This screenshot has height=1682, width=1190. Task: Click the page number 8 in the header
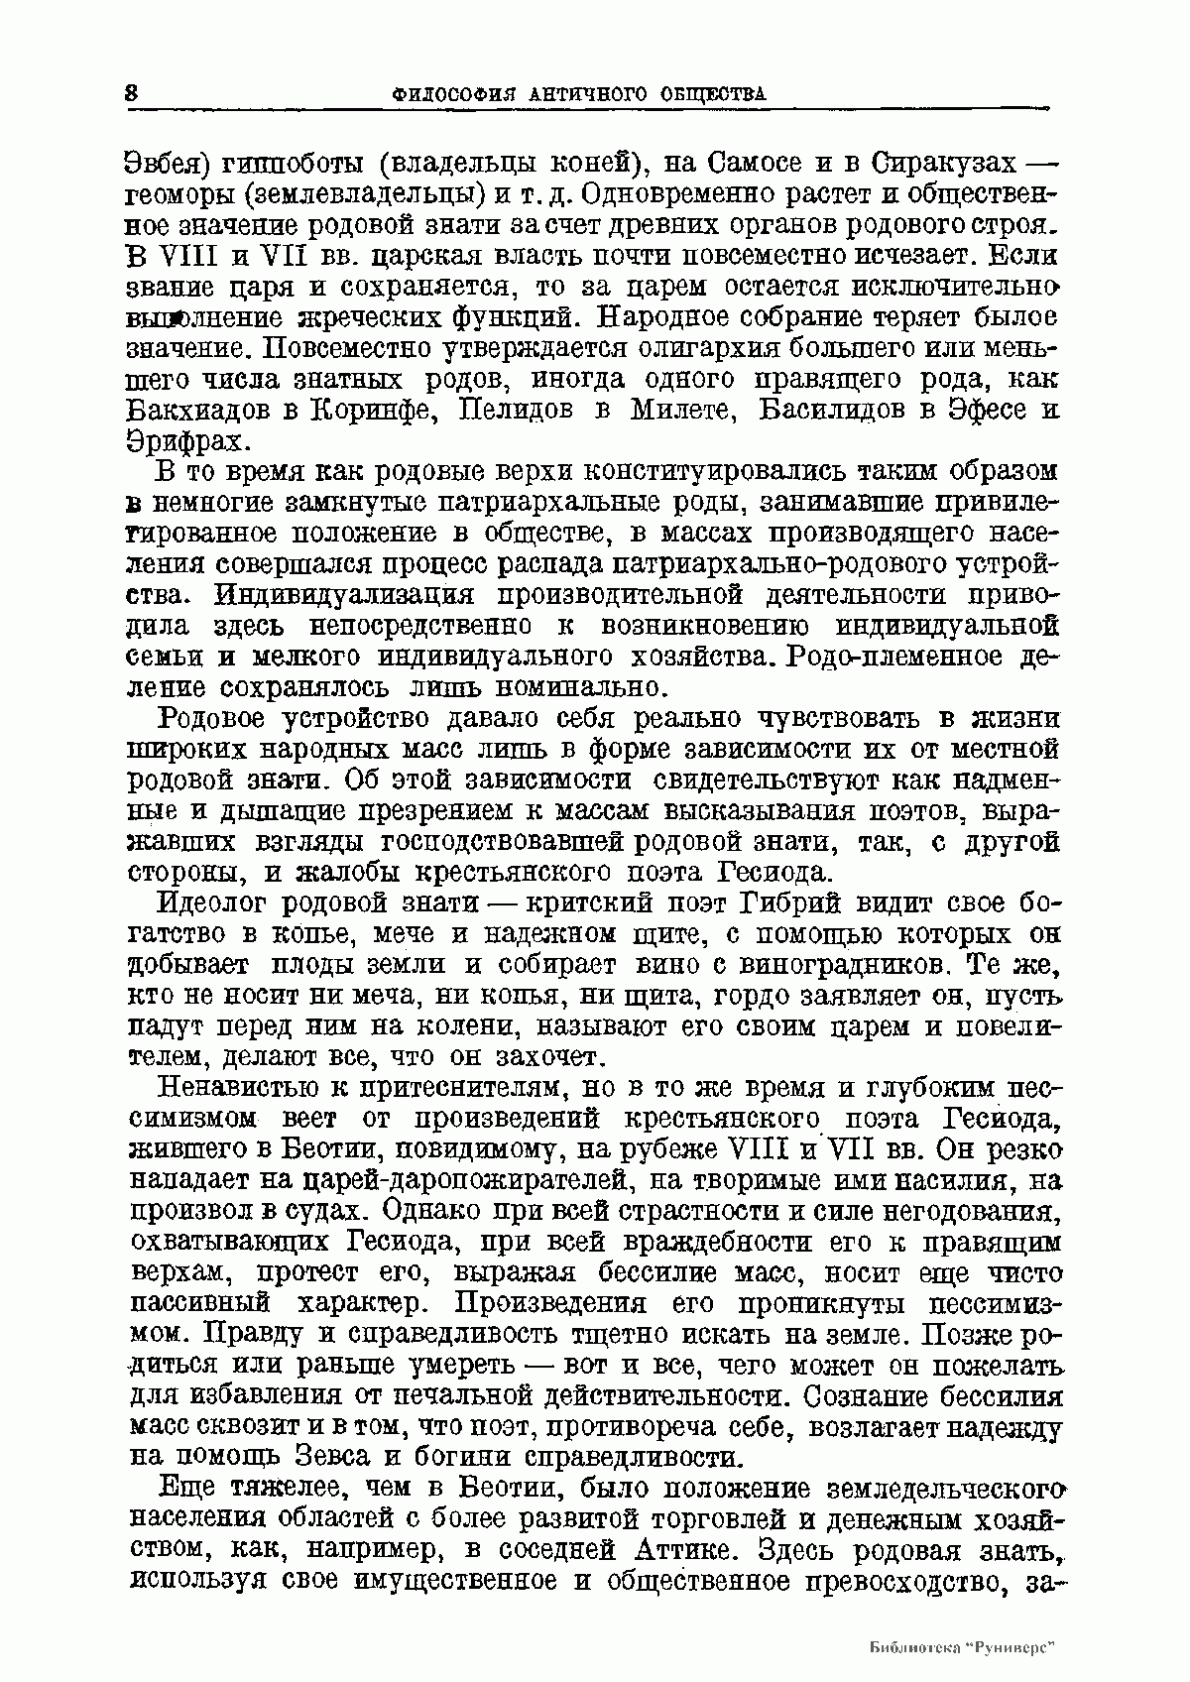click(132, 93)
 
